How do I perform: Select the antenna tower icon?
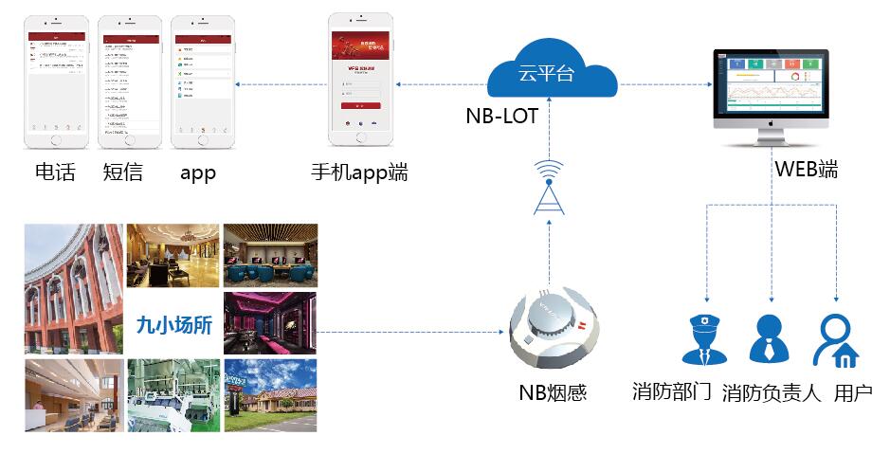click(548, 188)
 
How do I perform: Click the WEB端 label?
click(806, 171)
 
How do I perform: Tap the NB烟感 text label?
click(553, 391)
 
